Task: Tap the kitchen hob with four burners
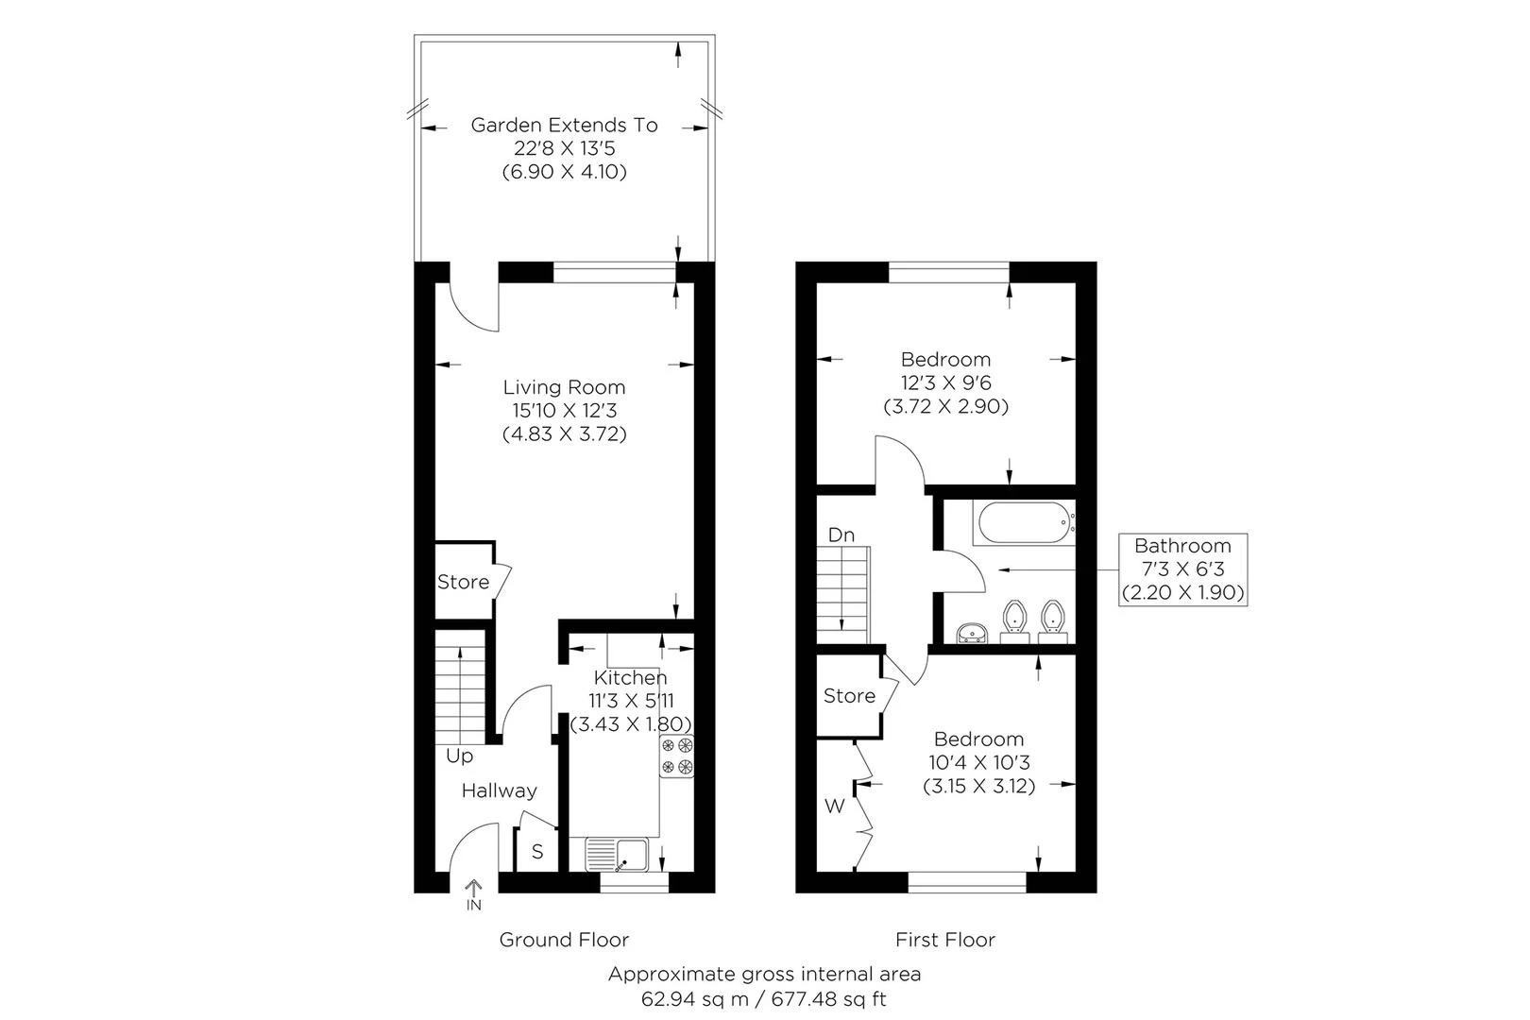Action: pyautogui.click(x=676, y=756)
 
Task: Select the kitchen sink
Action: pyautogui.click(x=617, y=855)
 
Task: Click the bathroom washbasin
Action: pyautogui.click(x=971, y=634)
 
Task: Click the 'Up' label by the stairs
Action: pyautogui.click(x=459, y=756)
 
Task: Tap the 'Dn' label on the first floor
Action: pyautogui.click(x=841, y=535)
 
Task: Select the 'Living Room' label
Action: pyautogui.click(x=564, y=387)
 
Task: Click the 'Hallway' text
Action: pyautogui.click(x=500, y=791)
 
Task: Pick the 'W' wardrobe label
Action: pyautogui.click(x=835, y=807)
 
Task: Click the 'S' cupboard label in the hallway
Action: pyautogui.click(x=537, y=852)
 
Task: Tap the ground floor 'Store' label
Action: pyautogui.click(x=463, y=582)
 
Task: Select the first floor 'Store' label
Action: pyautogui.click(x=849, y=696)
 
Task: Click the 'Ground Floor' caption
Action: pyautogui.click(x=564, y=940)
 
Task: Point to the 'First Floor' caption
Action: pyautogui.click(x=945, y=940)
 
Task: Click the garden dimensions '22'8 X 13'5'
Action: pyautogui.click(x=564, y=148)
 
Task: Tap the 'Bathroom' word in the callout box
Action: pyautogui.click(x=1182, y=546)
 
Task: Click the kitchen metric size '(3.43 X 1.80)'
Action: pyautogui.click(x=631, y=724)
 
